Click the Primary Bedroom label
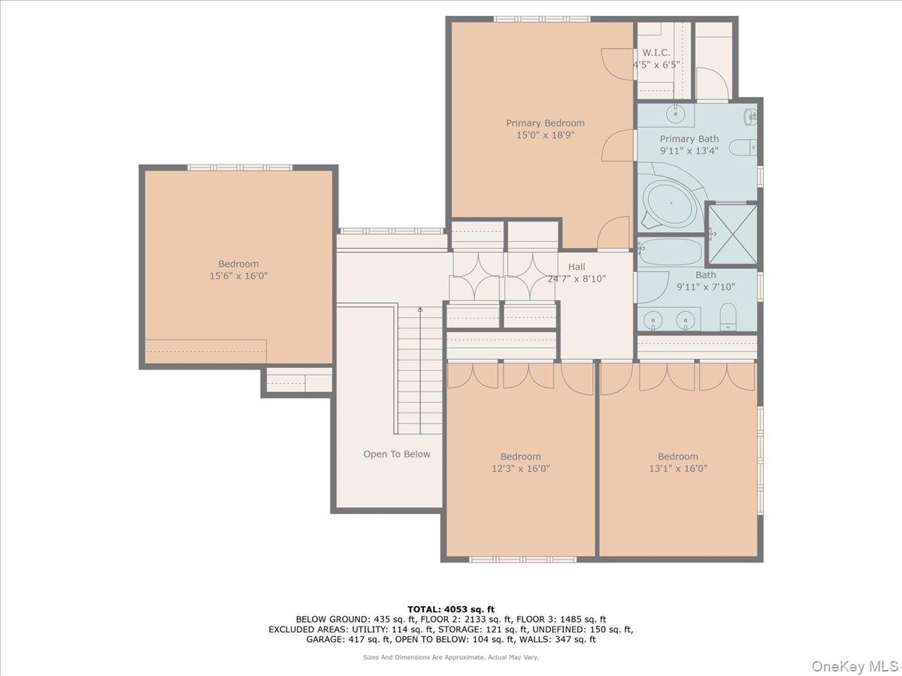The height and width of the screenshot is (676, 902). pyautogui.click(x=545, y=122)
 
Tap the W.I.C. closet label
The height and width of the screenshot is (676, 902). pyautogui.click(x=656, y=53)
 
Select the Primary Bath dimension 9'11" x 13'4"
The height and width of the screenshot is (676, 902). pyautogui.click(x=689, y=151)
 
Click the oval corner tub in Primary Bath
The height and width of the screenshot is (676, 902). pyautogui.click(x=670, y=203)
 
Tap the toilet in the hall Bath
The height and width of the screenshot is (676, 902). pyautogui.click(x=728, y=316)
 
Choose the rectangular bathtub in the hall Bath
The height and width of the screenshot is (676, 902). pyautogui.click(x=671, y=251)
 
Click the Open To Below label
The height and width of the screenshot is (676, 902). pyautogui.click(x=397, y=454)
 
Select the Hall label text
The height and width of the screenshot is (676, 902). pyautogui.click(x=577, y=267)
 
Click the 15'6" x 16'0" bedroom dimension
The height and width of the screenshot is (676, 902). pyautogui.click(x=238, y=276)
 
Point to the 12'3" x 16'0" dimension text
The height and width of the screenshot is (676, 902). pyautogui.click(x=520, y=468)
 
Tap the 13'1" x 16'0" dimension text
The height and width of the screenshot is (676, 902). pyautogui.click(x=678, y=468)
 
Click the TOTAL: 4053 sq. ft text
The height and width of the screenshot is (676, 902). pyautogui.click(x=451, y=609)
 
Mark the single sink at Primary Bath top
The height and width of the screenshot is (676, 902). pyautogui.click(x=675, y=113)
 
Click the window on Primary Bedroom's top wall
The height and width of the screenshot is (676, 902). pyautogui.click(x=542, y=19)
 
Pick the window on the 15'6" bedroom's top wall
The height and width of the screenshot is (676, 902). pyautogui.click(x=240, y=167)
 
